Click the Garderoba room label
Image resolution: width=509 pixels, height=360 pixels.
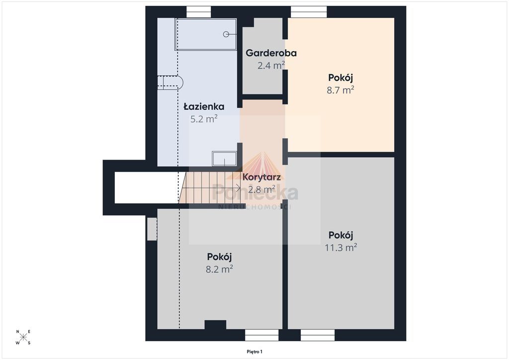pyautogui.click(x=271, y=53)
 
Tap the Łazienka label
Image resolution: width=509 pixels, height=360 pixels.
pyautogui.click(x=204, y=106)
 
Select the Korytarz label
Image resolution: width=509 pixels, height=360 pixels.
pyautogui.click(x=261, y=177)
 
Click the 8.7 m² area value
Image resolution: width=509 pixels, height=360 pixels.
pyautogui.click(x=340, y=90)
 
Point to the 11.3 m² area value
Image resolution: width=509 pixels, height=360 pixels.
pyautogui.click(x=341, y=248)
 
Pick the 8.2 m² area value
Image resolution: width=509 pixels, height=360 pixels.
pyautogui.click(x=219, y=269)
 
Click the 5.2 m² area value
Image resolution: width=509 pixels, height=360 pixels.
pyautogui.click(x=204, y=119)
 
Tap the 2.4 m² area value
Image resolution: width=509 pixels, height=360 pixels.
pyautogui.click(x=271, y=66)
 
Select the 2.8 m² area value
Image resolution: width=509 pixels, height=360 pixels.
pyautogui.click(x=261, y=189)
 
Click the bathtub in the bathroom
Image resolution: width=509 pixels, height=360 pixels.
pyautogui.click(x=206, y=34)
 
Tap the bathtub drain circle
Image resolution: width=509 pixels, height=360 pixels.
pyautogui.click(x=226, y=34)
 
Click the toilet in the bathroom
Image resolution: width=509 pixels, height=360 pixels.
pyautogui.click(x=170, y=83)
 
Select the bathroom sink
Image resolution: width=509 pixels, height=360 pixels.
pyautogui.click(x=224, y=159)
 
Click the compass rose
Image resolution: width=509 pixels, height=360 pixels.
pyautogui.click(x=23, y=337)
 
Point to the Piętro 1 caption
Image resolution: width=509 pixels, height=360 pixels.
pyautogui.click(x=254, y=352)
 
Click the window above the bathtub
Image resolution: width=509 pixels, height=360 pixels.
pyautogui.click(x=199, y=12)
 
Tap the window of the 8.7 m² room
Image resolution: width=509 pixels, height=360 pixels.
pyautogui.click(x=309, y=12)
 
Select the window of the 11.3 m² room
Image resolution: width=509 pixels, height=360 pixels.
pyautogui.click(x=318, y=335)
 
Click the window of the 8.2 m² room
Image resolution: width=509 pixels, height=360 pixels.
pyautogui.click(x=261, y=335)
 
